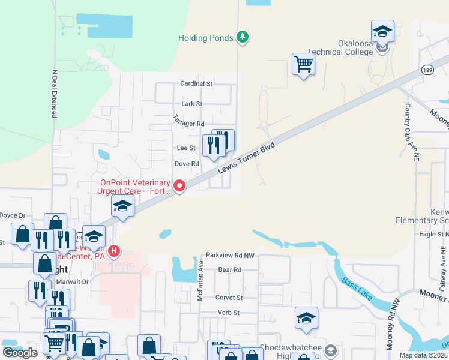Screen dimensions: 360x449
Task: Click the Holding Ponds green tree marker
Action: click(242, 38)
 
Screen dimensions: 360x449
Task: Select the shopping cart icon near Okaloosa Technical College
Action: click(304, 63)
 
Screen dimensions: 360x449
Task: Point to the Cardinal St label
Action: click(196, 84)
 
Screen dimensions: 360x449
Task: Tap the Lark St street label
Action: click(191, 104)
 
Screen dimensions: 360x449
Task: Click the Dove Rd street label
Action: click(186, 164)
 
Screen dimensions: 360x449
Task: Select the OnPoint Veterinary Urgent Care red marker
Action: click(179, 187)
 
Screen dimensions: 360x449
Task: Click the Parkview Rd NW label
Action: click(231, 255)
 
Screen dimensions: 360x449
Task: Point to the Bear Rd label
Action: click(229, 270)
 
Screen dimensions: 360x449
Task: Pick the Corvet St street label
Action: click(229, 298)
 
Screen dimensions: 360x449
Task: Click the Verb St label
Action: click(228, 313)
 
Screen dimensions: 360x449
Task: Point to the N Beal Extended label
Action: click(54, 93)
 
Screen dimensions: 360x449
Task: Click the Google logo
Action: click(20, 353)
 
